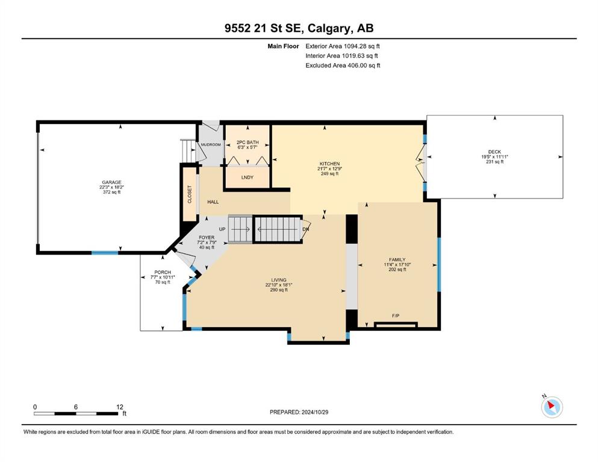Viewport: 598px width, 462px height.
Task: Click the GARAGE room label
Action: coord(111,182)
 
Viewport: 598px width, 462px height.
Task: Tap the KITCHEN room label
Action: coord(329,164)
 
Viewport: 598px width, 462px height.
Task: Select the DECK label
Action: coord(494,152)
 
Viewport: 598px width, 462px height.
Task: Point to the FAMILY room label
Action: coord(397,260)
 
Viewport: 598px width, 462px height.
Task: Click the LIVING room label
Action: coord(279,280)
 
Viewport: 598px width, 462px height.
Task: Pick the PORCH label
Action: coord(163,273)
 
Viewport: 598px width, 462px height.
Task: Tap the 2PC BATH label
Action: coord(248,142)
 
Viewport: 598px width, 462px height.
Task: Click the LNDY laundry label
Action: coord(248,177)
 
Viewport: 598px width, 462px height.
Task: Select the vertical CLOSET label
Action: coord(190,194)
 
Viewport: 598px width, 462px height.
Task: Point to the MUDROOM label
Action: coord(211,145)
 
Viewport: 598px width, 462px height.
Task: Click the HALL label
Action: coord(213,202)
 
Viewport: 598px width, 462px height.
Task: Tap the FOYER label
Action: coord(207,237)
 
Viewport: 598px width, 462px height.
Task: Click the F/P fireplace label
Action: coord(396,316)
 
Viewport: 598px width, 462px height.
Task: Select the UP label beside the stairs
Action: coord(222,229)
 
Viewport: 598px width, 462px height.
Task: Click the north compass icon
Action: coord(552,407)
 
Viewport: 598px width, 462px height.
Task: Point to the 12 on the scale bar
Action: coord(120,407)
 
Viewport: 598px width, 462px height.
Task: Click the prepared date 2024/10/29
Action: coord(314,412)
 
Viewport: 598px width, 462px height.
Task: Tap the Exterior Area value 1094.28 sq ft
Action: coord(361,46)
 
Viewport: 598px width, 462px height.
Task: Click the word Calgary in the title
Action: coord(328,28)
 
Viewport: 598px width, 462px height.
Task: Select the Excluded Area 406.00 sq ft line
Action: coord(343,66)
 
